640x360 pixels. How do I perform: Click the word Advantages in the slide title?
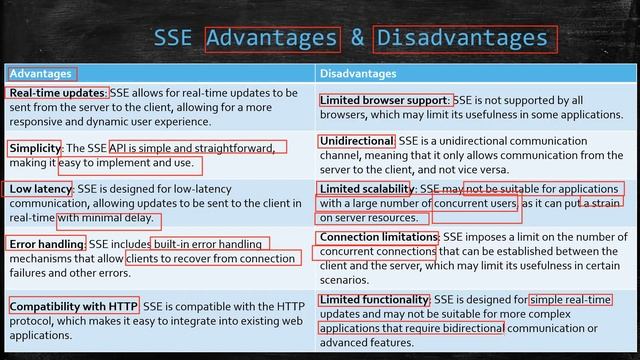click(271, 38)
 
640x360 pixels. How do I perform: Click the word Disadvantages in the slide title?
click(461, 38)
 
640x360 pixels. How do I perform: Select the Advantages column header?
click(40, 73)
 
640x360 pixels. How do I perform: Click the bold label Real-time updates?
click(57, 93)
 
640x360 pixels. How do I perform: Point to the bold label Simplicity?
click(35, 148)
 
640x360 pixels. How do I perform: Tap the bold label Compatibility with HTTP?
click(73, 305)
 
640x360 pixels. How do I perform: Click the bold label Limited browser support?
click(385, 100)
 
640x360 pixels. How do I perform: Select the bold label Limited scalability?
click(366, 188)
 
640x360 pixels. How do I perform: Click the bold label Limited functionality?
click(373, 299)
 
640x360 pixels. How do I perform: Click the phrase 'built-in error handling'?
click(209, 243)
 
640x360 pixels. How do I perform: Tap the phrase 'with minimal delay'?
click(108, 218)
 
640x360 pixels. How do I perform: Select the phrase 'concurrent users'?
click(475, 203)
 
